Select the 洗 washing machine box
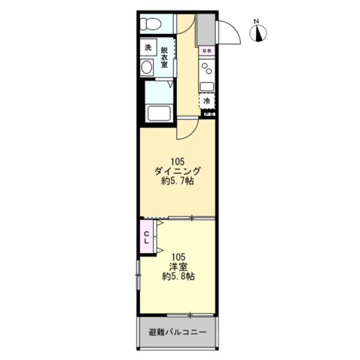[148, 48]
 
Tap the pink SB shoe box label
[208, 50]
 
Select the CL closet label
[147, 237]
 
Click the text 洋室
[178, 266]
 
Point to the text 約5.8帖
[178, 276]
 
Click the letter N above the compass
[256, 20]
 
